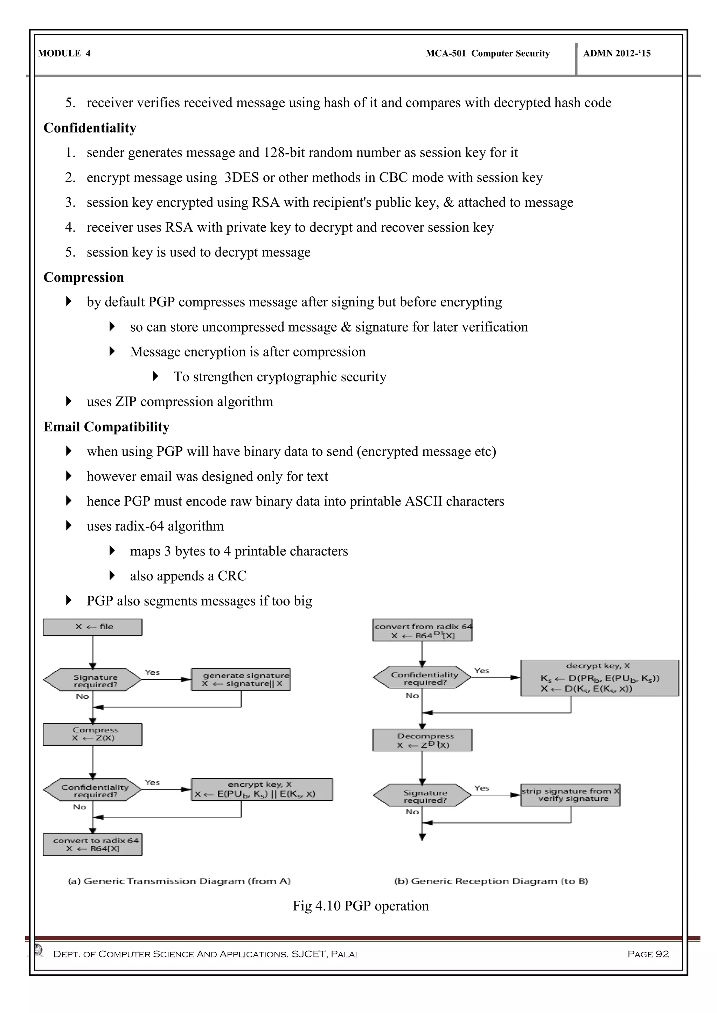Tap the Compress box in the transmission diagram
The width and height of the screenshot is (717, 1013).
point(93,734)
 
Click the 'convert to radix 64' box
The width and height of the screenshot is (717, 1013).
point(93,844)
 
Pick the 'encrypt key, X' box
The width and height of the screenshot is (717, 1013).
point(262,789)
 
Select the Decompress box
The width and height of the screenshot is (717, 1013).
point(422,740)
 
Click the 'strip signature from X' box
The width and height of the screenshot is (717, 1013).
point(570,795)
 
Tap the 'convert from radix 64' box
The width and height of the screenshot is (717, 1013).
point(422,630)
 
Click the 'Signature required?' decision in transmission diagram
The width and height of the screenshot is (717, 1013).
point(93,680)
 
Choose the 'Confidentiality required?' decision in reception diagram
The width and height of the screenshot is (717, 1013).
point(422,678)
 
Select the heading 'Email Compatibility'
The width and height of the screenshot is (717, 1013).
point(106,427)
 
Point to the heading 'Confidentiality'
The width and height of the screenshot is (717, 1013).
point(90,128)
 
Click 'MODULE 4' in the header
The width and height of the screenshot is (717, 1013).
point(64,54)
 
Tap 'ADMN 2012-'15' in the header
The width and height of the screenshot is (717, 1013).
point(617,54)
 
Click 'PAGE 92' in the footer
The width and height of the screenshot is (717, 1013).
point(648,954)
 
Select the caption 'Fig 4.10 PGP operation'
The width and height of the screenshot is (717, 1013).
point(361,906)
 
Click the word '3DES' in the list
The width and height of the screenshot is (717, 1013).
point(242,177)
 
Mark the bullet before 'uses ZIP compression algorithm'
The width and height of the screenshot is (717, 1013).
point(68,401)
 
